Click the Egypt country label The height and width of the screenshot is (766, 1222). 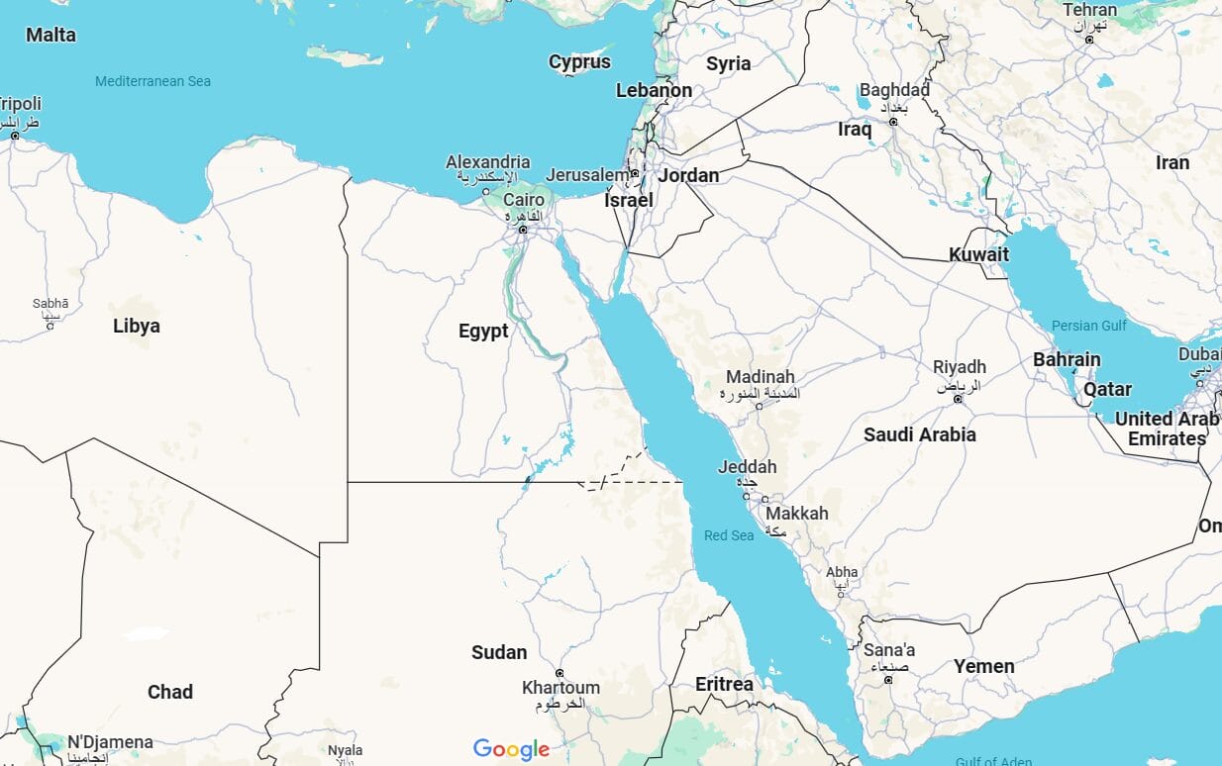483,332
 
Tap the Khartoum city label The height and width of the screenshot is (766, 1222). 560,688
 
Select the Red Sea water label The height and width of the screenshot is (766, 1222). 729,535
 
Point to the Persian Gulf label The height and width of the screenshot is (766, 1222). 1089,326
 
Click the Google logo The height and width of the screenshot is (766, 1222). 511,749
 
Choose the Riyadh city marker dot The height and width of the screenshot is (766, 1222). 958,399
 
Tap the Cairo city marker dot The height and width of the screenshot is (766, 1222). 523,230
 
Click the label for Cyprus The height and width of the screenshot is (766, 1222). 579,62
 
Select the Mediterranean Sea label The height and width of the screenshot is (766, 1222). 153,81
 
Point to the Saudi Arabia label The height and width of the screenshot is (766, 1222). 919,434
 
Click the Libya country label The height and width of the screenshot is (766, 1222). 137,326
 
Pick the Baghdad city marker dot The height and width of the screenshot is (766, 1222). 893,122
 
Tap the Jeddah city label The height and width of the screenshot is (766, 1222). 747,467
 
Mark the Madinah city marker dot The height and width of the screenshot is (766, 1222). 760,406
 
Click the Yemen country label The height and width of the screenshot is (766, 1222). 983,666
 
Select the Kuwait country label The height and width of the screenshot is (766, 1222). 978,254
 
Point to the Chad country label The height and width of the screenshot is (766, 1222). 170,692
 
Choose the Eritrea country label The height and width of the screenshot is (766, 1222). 724,684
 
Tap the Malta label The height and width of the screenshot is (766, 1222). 51,35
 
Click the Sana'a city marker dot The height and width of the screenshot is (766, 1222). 887,680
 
